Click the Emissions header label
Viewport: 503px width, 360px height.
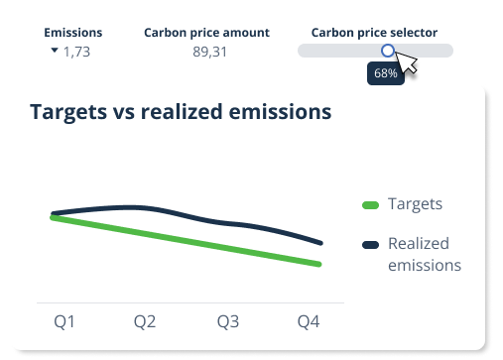pos(72,33)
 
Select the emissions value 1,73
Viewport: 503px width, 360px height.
pos(76,52)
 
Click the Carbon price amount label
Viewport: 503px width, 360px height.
pos(206,33)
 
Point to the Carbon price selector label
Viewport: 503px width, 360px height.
pos(374,33)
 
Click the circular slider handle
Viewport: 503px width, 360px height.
pos(387,51)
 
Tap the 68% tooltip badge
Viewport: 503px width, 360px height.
pos(384,73)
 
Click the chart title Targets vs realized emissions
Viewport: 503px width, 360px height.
pos(181,112)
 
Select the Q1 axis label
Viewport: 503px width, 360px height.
pos(64,321)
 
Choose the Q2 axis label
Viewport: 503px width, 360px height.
pos(145,321)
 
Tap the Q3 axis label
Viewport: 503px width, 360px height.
pos(228,321)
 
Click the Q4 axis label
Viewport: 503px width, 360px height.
pos(310,321)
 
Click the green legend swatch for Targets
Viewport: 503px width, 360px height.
pos(370,205)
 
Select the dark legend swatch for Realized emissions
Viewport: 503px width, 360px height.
pos(370,244)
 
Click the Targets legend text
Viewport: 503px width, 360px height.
pos(415,204)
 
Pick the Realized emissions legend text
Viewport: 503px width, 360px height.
pos(425,254)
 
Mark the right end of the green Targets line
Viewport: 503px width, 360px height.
pos(319,264)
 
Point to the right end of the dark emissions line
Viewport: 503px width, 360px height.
pos(320,242)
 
